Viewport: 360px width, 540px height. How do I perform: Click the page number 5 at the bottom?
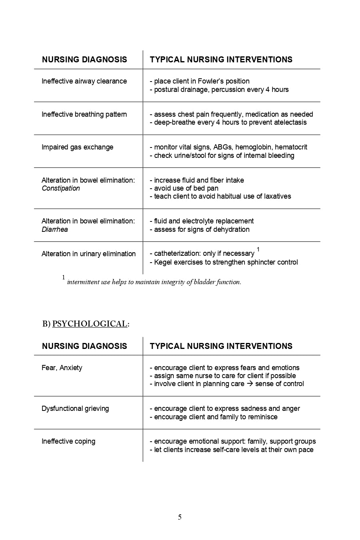coord(180,517)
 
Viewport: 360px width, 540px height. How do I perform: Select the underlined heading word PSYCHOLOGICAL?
coord(90,324)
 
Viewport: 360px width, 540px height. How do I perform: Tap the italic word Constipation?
coord(61,189)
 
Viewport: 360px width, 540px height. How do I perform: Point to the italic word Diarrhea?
coord(55,229)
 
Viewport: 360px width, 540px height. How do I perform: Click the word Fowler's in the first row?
coord(211,81)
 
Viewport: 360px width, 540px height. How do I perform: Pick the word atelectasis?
coord(290,122)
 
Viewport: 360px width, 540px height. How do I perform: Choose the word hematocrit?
coord(291,147)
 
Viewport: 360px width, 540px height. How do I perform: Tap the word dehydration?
coord(231,229)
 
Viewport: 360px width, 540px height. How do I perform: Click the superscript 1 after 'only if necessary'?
coord(258,249)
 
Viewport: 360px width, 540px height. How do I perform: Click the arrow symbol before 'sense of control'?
coord(250,384)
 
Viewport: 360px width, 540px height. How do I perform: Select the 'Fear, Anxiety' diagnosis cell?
coord(62,368)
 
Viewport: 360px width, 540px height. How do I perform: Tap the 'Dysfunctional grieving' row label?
coord(75,408)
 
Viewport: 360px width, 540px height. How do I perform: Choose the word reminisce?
coord(262,417)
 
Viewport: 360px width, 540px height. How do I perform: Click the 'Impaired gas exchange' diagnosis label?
coord(78,147)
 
